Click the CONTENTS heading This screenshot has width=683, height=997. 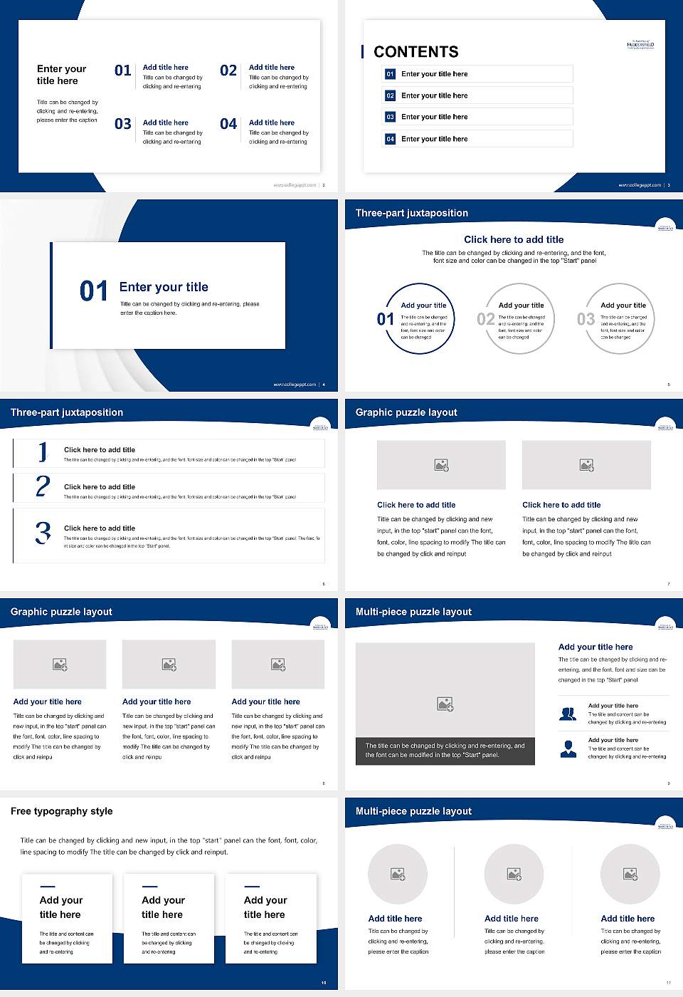click(416, 52)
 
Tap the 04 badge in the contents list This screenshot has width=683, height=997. click(390, 139)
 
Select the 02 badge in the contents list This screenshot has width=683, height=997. click(390, 95)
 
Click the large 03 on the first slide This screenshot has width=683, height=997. click(123, 124)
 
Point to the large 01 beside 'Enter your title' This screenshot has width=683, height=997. click(94, 291)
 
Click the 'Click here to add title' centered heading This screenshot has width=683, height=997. click(514, 240)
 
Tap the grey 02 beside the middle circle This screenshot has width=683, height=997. click(486, 319)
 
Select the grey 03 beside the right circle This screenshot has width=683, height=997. click(586, 319)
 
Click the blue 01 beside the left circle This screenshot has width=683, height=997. click(386, 319)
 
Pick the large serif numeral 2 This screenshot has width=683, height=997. click(43, 486)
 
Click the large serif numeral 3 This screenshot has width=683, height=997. click(43, 533)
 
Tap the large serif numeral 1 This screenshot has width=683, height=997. click(43, 451)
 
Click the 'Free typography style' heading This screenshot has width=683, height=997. click(62, 811)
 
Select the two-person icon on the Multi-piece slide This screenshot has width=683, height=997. click(568, 714)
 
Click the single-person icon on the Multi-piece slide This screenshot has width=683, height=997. click(568, 748)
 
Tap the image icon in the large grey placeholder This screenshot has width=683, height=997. click(445, 704)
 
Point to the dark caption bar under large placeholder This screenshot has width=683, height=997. click(445, 751)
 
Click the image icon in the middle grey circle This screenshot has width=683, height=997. click(514, 874)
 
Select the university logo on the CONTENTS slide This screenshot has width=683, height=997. click(640, 45)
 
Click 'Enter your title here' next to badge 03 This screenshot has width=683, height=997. click(434, 117)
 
